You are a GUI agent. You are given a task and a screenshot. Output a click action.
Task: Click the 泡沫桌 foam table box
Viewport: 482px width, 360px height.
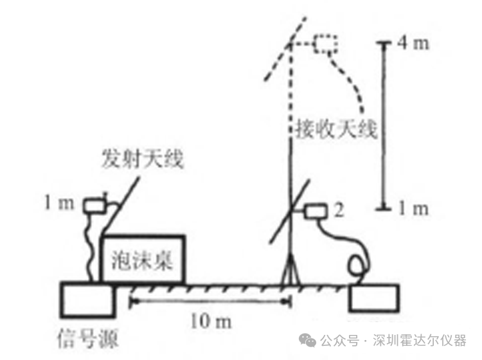(143, 259)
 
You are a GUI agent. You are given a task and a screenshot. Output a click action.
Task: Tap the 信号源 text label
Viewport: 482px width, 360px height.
(88, 339)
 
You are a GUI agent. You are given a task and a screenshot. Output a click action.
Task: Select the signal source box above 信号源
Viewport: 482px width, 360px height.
(88, 299)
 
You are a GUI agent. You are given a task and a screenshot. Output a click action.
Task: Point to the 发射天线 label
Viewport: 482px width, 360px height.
(143, 159)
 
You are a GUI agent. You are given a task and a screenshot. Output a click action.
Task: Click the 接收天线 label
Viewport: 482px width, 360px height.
(336, 129)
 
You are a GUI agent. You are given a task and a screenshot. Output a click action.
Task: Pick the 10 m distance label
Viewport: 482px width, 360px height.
(211, 322)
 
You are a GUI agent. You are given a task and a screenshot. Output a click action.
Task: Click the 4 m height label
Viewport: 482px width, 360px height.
(413, 42)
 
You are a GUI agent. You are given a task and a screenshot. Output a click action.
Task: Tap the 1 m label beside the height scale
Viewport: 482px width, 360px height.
(413, 209)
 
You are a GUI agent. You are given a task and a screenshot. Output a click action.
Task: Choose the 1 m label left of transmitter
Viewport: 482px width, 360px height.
(59, 203)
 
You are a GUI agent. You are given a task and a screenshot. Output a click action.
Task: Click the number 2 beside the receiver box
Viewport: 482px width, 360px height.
(339, 210)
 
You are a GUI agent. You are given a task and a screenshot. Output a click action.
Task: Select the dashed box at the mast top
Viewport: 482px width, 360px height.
(326, 44)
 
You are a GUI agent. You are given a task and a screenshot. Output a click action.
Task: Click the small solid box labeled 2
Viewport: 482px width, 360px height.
(316, 212)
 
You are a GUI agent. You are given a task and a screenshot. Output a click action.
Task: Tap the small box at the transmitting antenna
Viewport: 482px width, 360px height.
(95, 205)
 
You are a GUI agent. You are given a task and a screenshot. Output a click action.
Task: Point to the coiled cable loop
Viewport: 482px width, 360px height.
(357, 265)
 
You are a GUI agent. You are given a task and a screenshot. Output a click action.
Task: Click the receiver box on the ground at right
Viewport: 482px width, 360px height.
(374, 298)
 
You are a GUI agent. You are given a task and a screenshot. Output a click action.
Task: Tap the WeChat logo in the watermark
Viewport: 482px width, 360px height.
(308, 339)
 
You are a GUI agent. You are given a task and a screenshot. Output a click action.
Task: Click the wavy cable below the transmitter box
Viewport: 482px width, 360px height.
(89, 247)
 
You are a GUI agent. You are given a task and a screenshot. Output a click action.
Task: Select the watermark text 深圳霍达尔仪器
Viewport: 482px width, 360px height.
(420, 341)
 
